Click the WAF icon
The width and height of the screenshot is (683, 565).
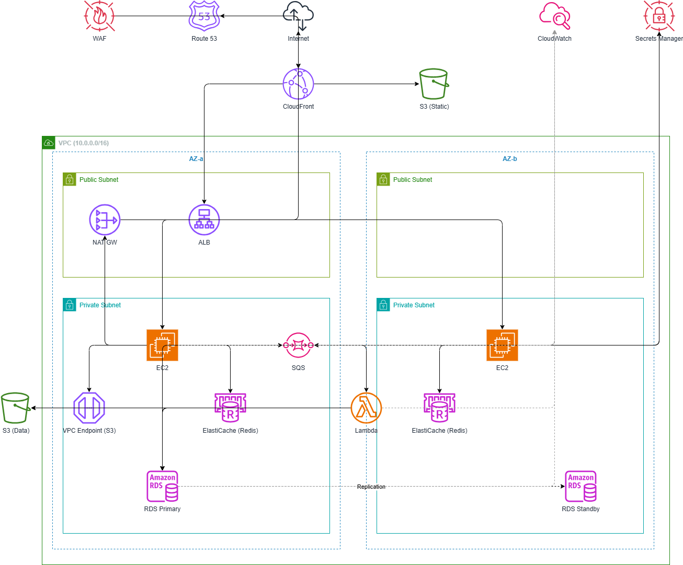[99, 16]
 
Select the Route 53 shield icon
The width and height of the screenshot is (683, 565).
[204, 16]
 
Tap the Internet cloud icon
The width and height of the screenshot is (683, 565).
[298, 16]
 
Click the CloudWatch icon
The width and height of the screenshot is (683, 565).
[554, 16]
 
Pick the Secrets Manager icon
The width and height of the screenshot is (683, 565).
[659, 16]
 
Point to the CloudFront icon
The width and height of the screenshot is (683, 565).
[298, 84]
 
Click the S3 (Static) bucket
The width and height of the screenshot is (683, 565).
[434, 84]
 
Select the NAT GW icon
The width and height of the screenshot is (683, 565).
[105, 220]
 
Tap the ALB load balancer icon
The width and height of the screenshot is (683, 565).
[204, 220]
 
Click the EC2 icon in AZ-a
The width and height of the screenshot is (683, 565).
[162, 345]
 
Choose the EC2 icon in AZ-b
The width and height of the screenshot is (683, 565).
[502, 345]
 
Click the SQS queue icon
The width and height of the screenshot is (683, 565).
[298, 345]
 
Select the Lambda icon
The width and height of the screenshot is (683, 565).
[366, 408]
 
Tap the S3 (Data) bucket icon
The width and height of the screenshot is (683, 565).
[16, 408]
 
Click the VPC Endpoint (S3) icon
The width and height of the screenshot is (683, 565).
[89, 408]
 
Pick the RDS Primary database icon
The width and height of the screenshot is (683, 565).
[162, 486]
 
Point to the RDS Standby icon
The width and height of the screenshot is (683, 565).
[580, 486]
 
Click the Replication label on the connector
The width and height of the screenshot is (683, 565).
[371, 487]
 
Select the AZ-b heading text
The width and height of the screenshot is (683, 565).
[510, 159]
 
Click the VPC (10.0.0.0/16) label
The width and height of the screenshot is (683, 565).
[84, 143]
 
